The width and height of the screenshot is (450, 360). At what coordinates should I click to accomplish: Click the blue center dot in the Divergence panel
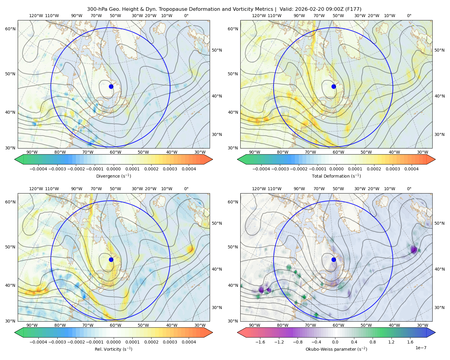[111, 87]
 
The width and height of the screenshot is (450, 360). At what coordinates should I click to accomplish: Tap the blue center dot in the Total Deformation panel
[334, 87]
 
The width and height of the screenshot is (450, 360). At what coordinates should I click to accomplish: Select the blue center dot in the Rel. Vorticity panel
[111, 259]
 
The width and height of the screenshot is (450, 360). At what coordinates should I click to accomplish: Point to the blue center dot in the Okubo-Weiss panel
[334, 259]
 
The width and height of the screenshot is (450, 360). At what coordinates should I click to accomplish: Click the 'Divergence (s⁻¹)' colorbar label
[113, 176]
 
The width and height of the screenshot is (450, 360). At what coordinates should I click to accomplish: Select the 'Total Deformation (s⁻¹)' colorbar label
[336, 176]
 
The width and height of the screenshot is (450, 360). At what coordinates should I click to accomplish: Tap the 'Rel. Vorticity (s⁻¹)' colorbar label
[113, 349]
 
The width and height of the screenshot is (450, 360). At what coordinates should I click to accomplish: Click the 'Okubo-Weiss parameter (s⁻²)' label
[336, 349]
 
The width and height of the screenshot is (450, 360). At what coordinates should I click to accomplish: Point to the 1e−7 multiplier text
[421, 348]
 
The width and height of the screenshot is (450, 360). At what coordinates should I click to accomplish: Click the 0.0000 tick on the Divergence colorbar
[113, 169]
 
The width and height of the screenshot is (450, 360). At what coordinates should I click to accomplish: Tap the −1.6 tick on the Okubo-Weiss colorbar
[260, 342]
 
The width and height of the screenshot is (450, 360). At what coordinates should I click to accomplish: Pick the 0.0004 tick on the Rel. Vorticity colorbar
[189, 342]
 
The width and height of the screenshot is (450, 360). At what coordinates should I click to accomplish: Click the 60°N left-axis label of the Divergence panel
[10, 29]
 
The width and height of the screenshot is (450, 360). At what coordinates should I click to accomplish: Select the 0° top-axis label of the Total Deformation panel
[409, 16]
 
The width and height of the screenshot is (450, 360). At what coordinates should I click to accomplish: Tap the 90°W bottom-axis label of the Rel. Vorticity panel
[32, 325]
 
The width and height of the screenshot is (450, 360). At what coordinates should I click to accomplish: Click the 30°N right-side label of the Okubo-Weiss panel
[439, 307]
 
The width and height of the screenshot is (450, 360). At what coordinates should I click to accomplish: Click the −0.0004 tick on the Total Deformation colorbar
[261, 169]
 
